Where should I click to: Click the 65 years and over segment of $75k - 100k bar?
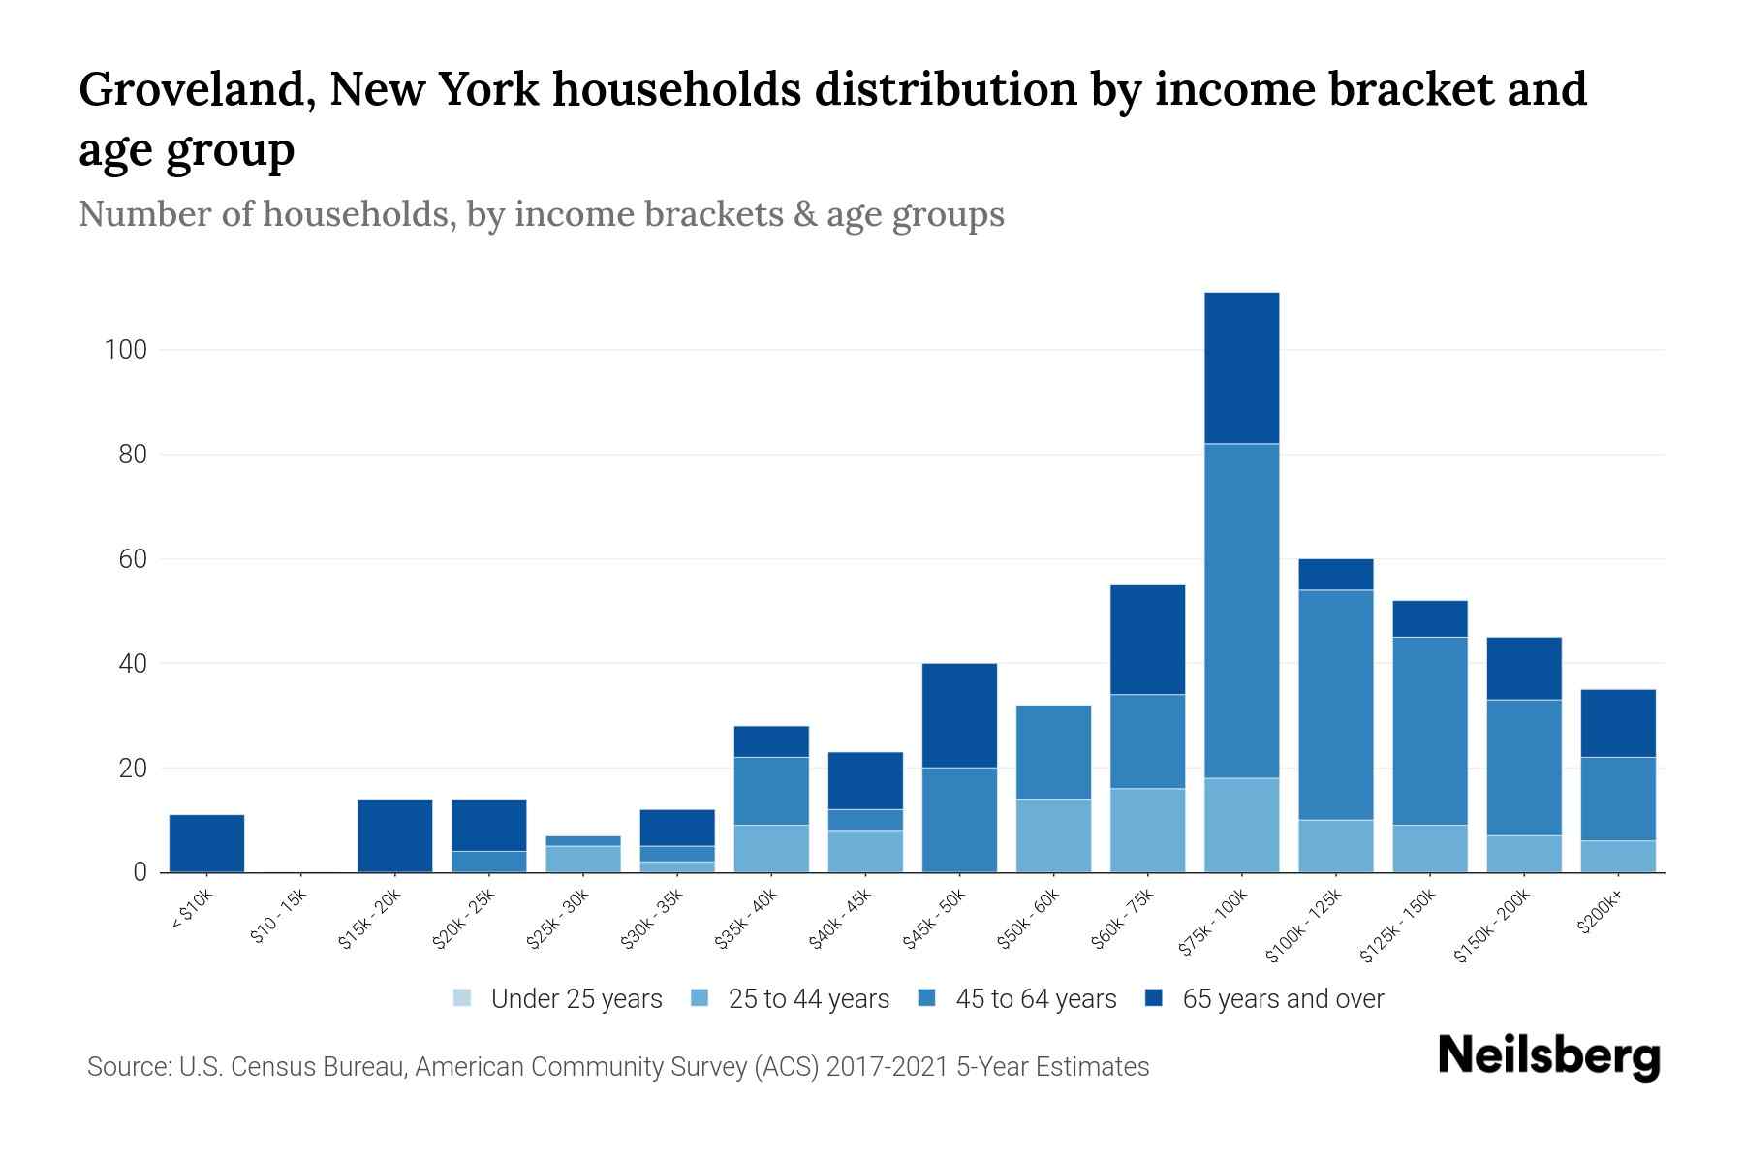point(1241,367)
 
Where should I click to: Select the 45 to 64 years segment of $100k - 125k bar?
point(1335,705)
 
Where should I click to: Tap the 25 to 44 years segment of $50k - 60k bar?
point(1053,835)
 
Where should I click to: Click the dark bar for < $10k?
point(206,843)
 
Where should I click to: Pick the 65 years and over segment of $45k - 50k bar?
point(959,715)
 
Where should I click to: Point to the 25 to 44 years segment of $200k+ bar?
point(1617,856)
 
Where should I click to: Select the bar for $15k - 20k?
point(394,835)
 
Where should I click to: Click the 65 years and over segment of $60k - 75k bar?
point(1147,640)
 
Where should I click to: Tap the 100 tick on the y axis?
point(126,350)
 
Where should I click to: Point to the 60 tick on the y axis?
point(131,559)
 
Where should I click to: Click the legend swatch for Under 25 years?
point(462,998)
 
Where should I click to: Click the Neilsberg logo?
point(1548,1056)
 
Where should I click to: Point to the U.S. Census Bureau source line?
point(617,1067)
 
